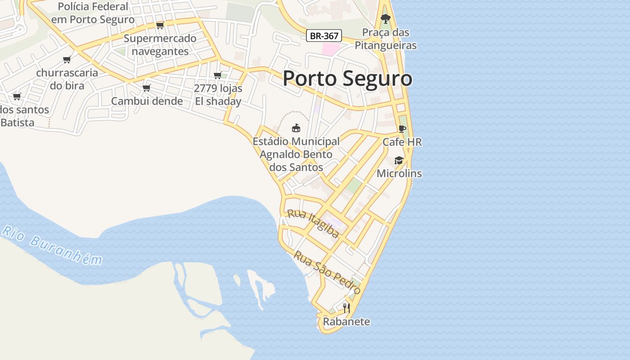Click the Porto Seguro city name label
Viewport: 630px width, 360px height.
pyautogui.click(x=347, y=79)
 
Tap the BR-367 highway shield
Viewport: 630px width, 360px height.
pyautogui.click(x=324, y=36)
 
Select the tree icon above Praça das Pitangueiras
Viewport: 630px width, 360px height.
pyautogui.click(x=385, y=18)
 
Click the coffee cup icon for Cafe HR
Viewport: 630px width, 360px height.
pyautogui.click(x=402, y=129)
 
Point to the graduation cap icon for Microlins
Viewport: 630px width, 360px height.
pyautogui.click(x=399, y=160)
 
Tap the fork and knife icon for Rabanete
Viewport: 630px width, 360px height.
pyautogui.click(x=346, y=308)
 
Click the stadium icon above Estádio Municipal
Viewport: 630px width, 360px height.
pyautogui.click(x=296, y=128)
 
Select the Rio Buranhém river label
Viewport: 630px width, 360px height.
pyautogui.click(x=52, y=245)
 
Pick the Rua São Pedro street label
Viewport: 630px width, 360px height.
pyautogui.click(x=327, y=273)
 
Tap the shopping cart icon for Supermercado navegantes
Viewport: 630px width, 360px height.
pyautogui.click(x=160, y=25)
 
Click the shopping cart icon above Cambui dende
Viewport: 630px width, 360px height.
pyautogui.click(x=146, y=88)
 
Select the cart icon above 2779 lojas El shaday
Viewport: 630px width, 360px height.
pyautogui.click(x=218, y=75)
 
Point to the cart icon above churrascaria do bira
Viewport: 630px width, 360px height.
pyautogui.click(x=67, y=59)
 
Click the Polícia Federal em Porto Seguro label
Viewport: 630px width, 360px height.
pyautogui.click(x=93, y=13)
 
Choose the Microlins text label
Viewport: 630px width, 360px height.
pyautogui.click(x=399, y=173)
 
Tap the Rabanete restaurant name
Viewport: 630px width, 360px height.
pyautogui.click(x=346, y=322)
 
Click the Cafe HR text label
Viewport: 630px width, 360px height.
pyautogui.click(x=402, y=142)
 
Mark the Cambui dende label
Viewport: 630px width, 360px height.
pyautogui.click(x=147, y=101)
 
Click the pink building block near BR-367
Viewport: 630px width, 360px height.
pyautogui.click(x=331, y=49)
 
